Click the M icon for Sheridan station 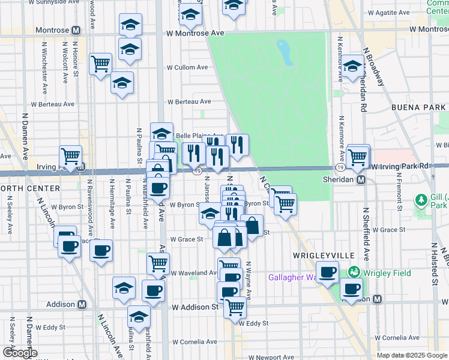pyautogui.click(x=361, y=179)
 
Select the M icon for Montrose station pyautogui.click(x=76, y=30)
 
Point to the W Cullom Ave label pyautogui.click(x=188, y=67)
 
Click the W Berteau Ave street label pyautogui.click(x=189, y=102)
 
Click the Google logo pyautogui.click(x=20, y=353)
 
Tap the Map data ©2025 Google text pyautogui.click(x=411, y=355)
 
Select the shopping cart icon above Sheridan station pyautogui.click(x=358, y=157)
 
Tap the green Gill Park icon pyautogui.click(x=421, y=200)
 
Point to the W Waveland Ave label pyautogui.click(x=194, y=272)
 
